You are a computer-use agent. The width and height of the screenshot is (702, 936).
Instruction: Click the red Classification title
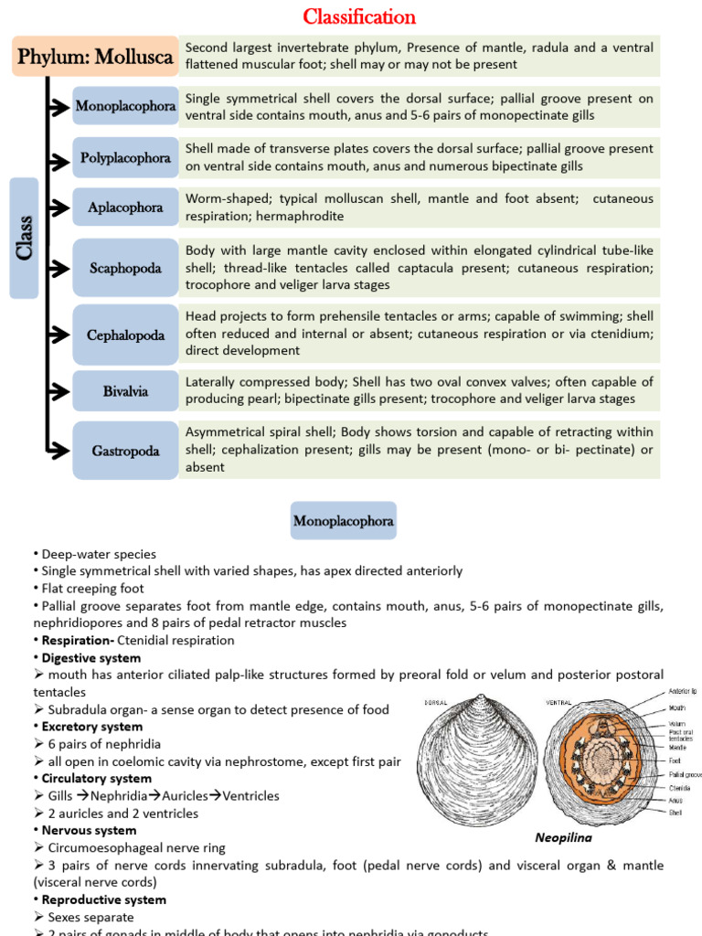[359, 17]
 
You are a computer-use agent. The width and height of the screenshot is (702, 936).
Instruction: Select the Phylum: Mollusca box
[95, 57]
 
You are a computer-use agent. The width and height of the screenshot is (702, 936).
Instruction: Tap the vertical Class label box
[24, 239]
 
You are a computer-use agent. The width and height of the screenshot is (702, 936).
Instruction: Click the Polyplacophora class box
[125, 158]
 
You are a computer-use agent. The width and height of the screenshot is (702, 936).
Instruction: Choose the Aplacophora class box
[125, 207]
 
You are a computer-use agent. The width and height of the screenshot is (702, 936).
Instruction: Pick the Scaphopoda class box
[125, 269]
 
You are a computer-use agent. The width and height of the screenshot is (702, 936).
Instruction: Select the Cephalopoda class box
[125, 335]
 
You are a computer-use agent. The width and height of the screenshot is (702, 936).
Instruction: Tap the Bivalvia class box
[125, 392]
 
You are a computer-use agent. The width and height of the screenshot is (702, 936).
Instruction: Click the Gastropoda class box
[125, 451]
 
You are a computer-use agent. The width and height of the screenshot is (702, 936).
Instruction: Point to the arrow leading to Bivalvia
[58, 392]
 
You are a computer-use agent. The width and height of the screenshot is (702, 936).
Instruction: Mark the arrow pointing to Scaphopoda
[58, 269]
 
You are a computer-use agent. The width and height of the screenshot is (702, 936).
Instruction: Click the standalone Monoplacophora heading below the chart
[343, 522]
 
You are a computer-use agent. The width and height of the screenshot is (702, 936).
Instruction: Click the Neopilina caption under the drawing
[561, 837]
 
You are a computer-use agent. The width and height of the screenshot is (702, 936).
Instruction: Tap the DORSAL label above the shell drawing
[438, 703]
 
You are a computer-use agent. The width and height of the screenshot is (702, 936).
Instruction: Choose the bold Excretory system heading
[91, 727]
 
